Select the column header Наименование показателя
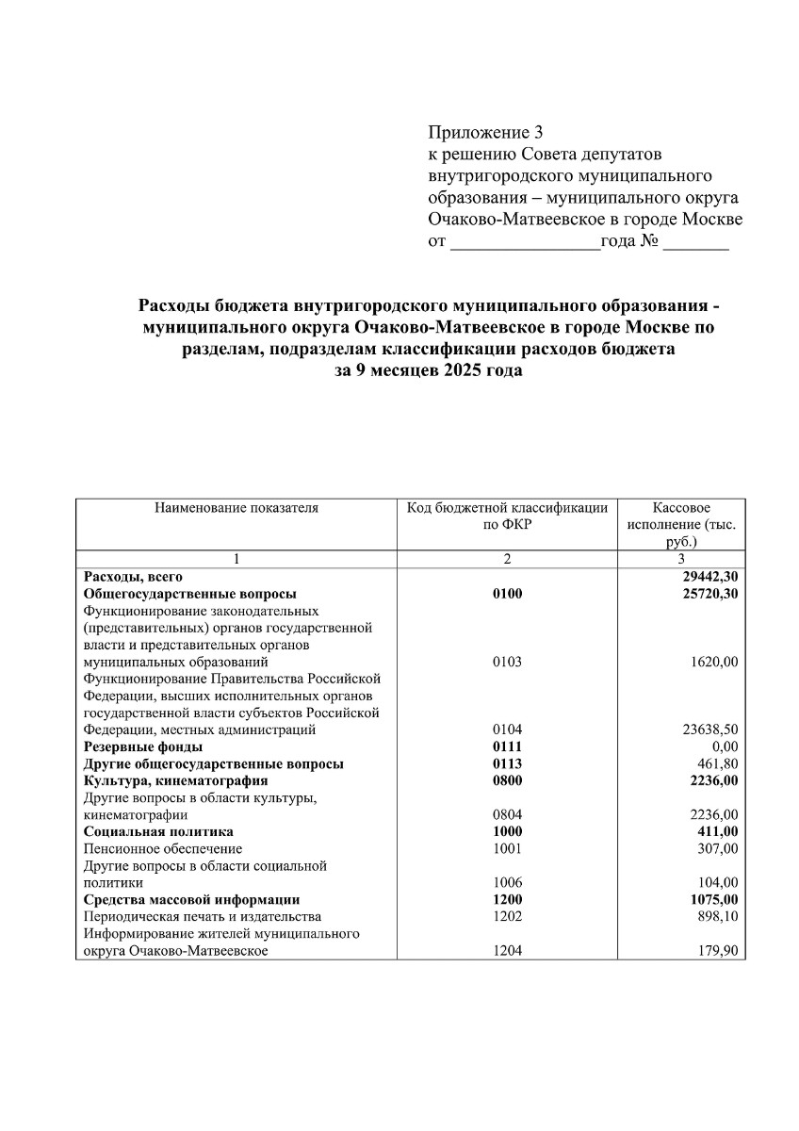(236, 508)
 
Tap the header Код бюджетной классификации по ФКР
(507, 516)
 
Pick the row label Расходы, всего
(133, 576)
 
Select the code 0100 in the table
(507, 594)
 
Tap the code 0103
(507, 662)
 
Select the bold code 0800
(507, 780)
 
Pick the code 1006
(507, 883)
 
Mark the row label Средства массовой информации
(192, 900)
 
